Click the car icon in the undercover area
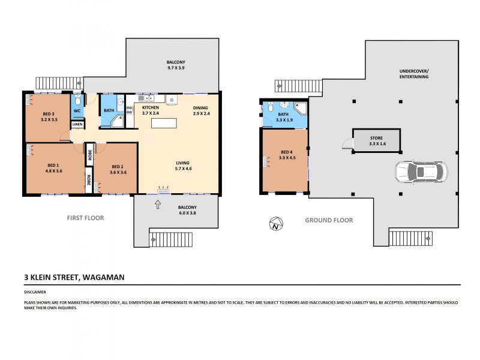tap(421, 172)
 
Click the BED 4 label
tap(284, 155)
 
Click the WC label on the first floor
tap(77, 111)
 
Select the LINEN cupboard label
tap(77, 125)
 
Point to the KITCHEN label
tap(150, 107)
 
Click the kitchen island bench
tap(165, 123)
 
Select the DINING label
tap(200, 107)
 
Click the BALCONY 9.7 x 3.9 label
tap(176, 65)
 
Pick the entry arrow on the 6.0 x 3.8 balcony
tap(158, 205)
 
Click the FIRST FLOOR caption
tap(85, 218)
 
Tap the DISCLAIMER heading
tap(35, 292)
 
